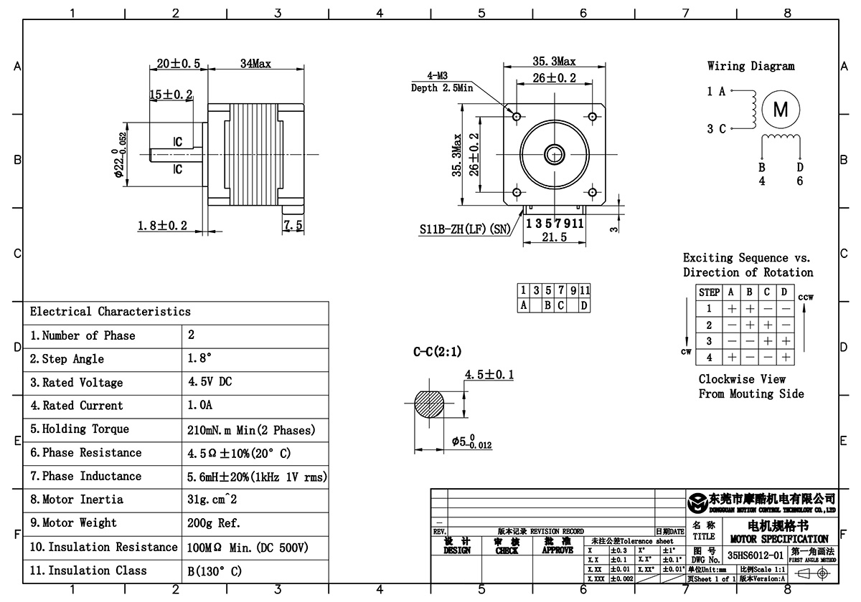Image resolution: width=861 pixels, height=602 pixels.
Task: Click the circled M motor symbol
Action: (x=780, y=109)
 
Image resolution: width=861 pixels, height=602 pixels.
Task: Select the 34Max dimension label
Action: (x=255, y=64)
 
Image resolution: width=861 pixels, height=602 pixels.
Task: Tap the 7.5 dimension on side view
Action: (x=293, y=226)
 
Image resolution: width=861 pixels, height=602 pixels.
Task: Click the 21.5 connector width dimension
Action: (x=555, y=237)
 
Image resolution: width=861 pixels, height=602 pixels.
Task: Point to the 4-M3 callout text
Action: (x=439, y=75)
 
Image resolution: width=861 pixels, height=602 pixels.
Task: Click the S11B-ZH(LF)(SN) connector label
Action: (x=465, y=231)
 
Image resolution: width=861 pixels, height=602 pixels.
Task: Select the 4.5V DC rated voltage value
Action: (x=210, y=382)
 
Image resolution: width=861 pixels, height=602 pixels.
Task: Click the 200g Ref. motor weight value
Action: (x=214, y=523)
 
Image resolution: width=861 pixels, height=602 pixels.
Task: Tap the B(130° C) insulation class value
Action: (x=215, y=571)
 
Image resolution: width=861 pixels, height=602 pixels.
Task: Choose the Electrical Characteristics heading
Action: (x=110, y=312)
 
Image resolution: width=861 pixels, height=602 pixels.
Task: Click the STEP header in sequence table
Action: (x=709, y=292)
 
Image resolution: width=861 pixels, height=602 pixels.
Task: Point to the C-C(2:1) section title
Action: (x=437, y=352)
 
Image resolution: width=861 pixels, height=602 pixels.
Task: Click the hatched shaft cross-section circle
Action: (x=431, y=407)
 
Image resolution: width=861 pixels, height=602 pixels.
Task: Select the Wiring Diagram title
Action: (x=751, y=66)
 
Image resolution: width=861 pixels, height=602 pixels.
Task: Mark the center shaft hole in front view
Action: (x=554, y=153)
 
